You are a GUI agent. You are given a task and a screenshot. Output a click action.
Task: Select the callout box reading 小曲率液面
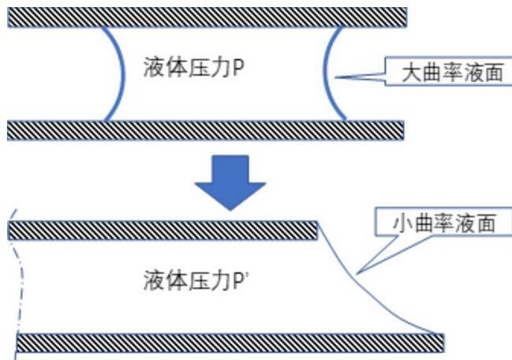[x=446, y=223]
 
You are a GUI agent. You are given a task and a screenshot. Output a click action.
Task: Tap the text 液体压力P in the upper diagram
[x=193, y=66]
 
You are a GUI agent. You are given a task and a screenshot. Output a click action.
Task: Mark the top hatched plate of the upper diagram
[x=207, y=17]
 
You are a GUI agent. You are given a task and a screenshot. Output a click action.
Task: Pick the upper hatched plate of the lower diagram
[x=162, y=231]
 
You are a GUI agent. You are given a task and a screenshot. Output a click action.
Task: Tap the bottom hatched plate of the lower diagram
[x=229, y=343]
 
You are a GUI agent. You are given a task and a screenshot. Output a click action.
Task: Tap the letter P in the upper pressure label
[x=237, y=66]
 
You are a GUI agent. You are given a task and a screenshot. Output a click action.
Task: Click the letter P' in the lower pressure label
[x=239, y=279]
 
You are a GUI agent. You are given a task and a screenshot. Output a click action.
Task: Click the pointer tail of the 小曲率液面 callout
[x=357, y=272]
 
